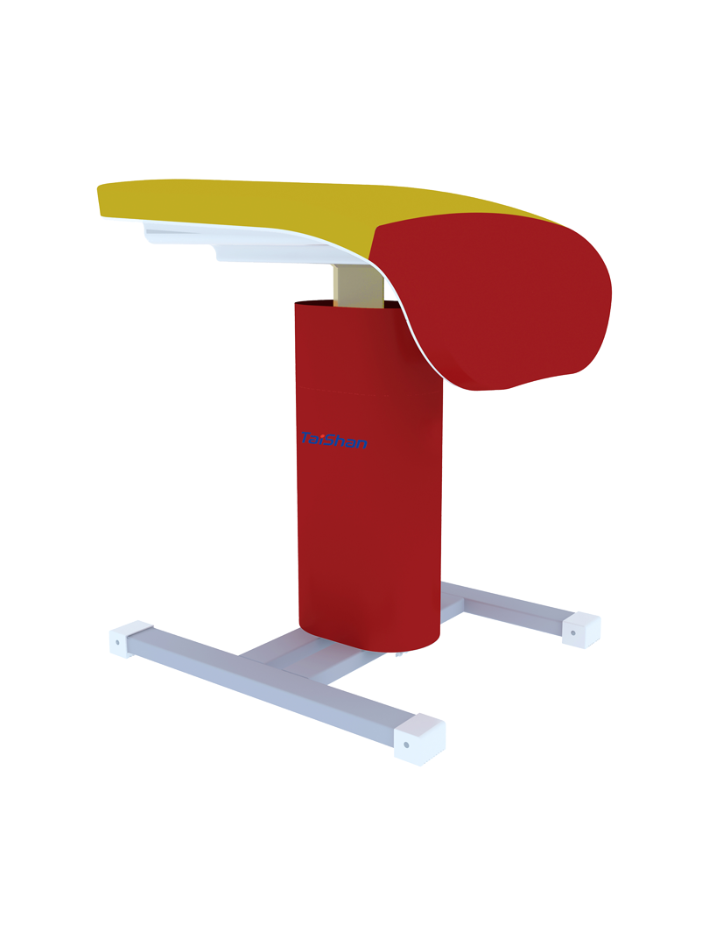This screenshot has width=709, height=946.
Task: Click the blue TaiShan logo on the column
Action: [x=333, y=441]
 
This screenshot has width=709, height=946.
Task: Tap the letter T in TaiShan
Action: [x=307, y=437]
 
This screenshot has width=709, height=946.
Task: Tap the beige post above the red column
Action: [x=358, y=286]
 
